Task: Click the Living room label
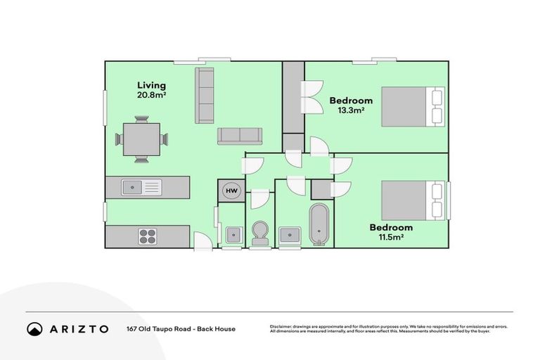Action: (x=151, y=86)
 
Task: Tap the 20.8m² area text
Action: (x=151, y=95)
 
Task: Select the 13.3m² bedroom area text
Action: (x=352, y=110)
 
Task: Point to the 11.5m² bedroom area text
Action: (x=392, y=238)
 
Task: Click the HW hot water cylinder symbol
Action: (x=231, y=191)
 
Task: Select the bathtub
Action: (x=319, y=225)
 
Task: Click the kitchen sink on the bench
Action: (x=141, y=186)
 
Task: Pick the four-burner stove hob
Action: (x=147, y=236)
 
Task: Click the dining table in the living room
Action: (x=141, y=139)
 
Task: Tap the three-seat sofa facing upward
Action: (x=239, y=135)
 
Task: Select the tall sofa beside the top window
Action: (x=205, y=96)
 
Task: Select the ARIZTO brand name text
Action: (x=79, y=329)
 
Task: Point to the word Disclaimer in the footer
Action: (x=282, y=326)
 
